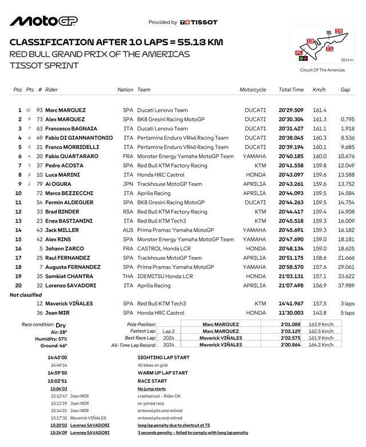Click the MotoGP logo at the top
tap(43, 21)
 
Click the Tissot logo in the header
tap(198, 22)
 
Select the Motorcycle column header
tap(253, 90)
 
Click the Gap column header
tap(345, 90)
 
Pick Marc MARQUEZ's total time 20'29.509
tap(291, 110)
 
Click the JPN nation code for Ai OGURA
tap(128, 184)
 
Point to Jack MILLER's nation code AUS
tap(128, 230)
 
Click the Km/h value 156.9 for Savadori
tap(319, 286)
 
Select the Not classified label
tap(26, 295)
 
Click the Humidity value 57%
tap(62, 339)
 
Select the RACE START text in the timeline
tap(152, 381)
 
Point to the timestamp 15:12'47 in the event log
tap(58, 395)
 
